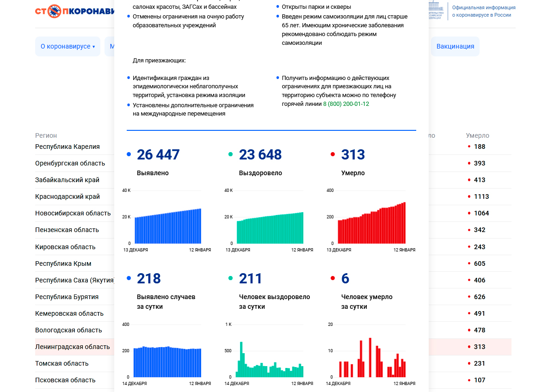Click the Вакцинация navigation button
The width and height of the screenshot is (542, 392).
(455, 46)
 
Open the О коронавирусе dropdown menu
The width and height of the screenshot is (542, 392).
(68, 46)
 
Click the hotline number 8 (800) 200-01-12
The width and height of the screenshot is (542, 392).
(345, 104)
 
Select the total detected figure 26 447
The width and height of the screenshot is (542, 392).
(158, 154)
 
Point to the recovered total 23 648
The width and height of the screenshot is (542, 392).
(260, 154)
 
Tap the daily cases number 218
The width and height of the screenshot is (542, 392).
(149, 278)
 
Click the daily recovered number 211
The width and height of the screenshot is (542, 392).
(251, 278)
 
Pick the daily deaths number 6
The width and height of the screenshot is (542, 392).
(345, 278)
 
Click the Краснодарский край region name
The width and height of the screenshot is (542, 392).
(68, 196)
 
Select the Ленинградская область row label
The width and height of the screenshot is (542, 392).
(73, 347)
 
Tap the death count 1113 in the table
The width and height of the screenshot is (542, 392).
(481, 196)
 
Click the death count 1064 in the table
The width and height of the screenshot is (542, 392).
(481, 213)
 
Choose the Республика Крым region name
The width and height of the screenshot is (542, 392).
(63, 263)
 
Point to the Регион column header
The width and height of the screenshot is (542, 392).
(46, 135)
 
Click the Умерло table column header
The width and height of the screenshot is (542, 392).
(477, 135)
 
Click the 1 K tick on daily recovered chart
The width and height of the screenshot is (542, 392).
(228, 325)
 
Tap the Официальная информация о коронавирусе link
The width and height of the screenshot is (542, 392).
(483, 11)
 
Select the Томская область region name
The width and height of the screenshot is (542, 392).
(62, 363)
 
